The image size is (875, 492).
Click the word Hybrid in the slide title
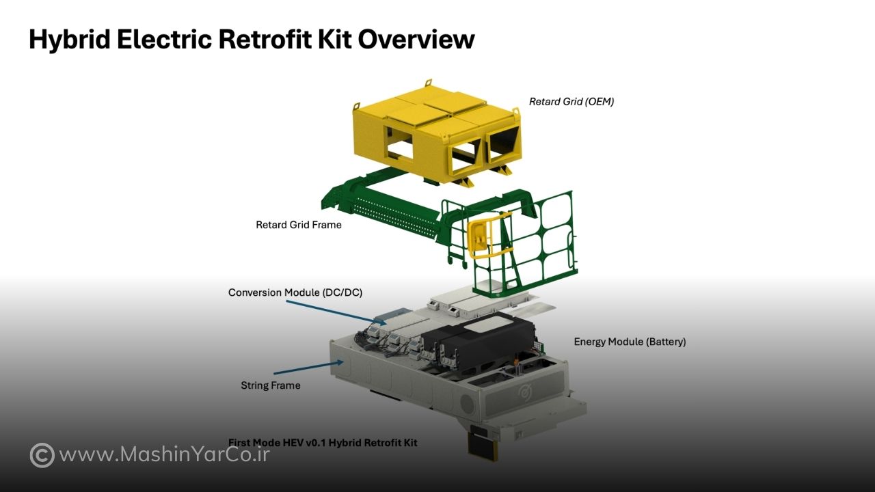[69, 40]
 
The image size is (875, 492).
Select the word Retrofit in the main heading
[265, 39]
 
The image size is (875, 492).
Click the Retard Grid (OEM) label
[571, 102]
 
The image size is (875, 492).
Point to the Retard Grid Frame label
[299, 225]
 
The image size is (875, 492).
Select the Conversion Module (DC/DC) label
[295, 292]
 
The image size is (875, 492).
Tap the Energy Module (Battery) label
[630, 342]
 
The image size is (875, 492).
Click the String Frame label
[270, 385]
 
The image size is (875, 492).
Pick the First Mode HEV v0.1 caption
[323, 442]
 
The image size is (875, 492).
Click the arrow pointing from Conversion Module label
[336, 312]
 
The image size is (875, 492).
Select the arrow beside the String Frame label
[308, 368]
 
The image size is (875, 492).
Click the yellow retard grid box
[437, 133]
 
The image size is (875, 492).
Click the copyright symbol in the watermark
[42, 455]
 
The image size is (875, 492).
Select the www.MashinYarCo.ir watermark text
[165, 455]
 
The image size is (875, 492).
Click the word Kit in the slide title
[335, 39]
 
